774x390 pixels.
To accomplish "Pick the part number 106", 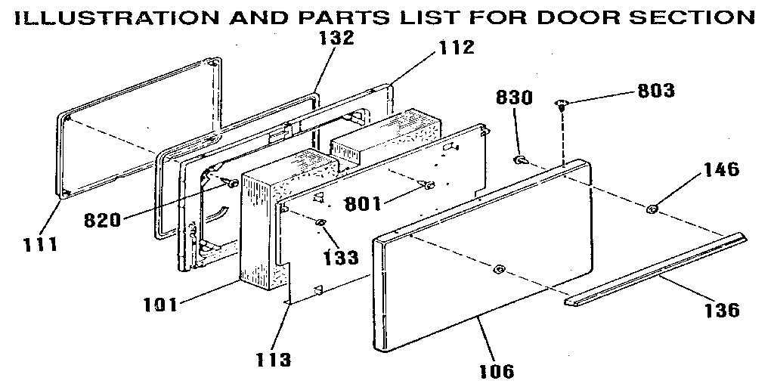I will pyautogui.click(x=497, y=370).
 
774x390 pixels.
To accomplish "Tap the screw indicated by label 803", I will pyautogui.click(x=562, y=104).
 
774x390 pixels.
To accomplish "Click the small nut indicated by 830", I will pyautogui.click(x=521, y=160).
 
